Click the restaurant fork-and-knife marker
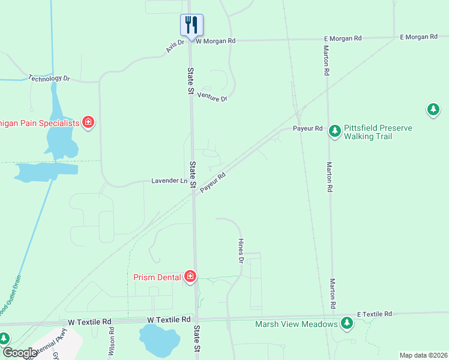191,25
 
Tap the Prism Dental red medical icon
190,276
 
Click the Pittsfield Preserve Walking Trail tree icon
335,132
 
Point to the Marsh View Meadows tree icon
346,323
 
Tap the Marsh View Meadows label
296,324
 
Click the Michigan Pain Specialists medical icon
88,123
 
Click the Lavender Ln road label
169,181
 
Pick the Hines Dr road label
241,250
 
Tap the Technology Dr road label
49,79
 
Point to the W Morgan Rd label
215,41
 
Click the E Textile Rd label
374,314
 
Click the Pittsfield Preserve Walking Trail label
368,132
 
